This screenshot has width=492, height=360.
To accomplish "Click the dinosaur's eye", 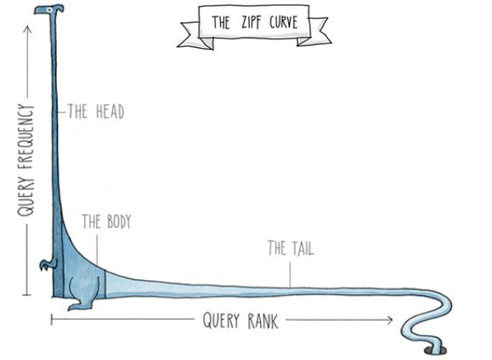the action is [x=50, y=10].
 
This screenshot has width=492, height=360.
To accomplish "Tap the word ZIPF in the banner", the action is [x=251, y=22].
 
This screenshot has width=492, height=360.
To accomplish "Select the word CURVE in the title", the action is [x=283, y=22].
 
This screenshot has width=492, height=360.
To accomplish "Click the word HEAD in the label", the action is [x=110, y=112].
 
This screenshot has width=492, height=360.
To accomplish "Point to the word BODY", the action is [x=119, y=222].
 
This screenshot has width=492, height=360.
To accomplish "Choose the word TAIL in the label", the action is [x=302, y=249].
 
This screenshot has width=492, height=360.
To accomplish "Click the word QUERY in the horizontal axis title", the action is [x=221, y=321].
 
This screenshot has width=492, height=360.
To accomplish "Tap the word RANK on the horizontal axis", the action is [x=262, y=321].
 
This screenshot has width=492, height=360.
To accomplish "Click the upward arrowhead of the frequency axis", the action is [x=28, y=29].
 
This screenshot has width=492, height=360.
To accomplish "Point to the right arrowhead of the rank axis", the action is [x=390, y=320].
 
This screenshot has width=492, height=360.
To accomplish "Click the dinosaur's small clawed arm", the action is [x=47, y=264].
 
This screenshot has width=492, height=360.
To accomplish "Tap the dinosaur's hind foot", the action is [x=78, y=305].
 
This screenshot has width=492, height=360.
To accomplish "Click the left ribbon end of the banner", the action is [x=192, y=35].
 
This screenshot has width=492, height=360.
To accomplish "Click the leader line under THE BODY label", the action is [x=97, y=250].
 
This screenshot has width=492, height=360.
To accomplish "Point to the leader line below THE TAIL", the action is [x=290, y=275].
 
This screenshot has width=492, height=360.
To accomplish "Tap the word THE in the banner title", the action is [x=221, y=22].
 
